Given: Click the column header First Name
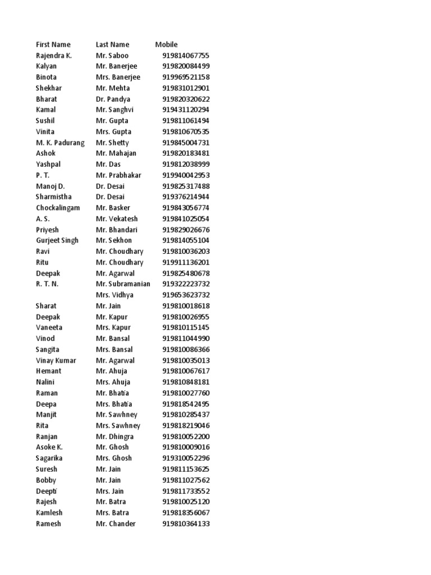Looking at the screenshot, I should (53, 44).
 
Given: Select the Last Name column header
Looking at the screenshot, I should (112, 44).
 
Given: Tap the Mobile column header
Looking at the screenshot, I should (166, 44).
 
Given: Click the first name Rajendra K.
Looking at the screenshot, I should (54, 56).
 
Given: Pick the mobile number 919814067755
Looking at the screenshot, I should (186, 56).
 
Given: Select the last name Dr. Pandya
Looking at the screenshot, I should (113, 99).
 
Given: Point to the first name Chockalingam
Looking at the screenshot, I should (58, 208).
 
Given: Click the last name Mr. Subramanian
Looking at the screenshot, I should (123, 284).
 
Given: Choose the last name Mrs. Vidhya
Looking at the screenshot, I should (114, 295).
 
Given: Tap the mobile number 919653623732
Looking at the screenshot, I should (186, 295).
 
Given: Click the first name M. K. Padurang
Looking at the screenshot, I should (60, 143).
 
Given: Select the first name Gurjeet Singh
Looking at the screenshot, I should (57, 240).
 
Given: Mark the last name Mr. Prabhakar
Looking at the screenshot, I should (118, 175).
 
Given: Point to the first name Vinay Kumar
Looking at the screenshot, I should (56, 360).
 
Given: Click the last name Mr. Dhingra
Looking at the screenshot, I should (114, 436).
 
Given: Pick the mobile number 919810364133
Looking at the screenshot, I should (186, 524).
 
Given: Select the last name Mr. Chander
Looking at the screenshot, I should (116, 524).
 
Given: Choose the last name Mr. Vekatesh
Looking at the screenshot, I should (117, 218).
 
